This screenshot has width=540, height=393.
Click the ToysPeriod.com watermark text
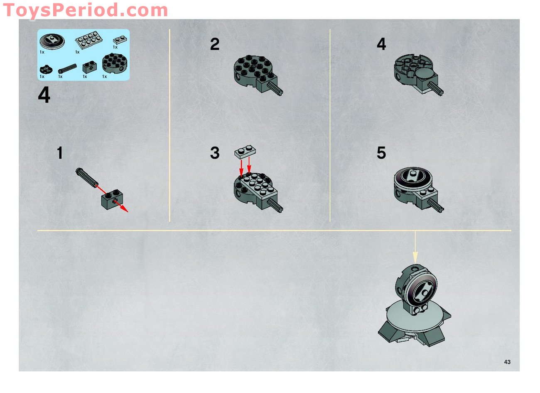(85, 10)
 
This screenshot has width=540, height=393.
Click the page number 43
(507, 362)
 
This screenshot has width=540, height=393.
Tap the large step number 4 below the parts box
(44, 96)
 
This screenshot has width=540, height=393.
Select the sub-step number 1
(60, 153)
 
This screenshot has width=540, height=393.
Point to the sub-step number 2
(214, 44)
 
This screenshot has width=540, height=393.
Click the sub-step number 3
(214, 153)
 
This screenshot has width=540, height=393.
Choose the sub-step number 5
(381, 153)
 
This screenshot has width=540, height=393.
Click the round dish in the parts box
(52, 42)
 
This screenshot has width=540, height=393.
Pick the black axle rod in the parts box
(67, 68)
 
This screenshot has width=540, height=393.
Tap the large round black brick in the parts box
(115, 63)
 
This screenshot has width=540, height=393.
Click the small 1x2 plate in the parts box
(120, 40)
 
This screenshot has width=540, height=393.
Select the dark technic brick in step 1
(111, 200)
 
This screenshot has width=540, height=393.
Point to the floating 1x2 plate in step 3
(245, 152)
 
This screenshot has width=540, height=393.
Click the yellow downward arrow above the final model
(415, 247)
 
